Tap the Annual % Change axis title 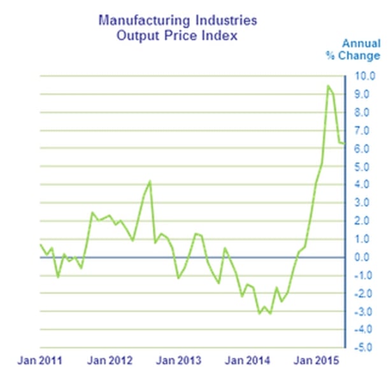coord(361,49)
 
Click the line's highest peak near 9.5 coord(328,85)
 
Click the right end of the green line coord(345,144)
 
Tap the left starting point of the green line coord(40,244)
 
